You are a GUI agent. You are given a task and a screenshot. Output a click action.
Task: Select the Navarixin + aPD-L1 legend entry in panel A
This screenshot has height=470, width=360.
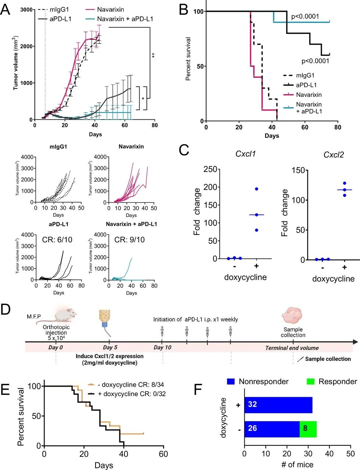pyautogui.click(x=125, y=19)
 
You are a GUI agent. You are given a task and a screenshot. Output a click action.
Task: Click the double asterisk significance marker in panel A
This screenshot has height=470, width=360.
pyautogui.click(x=153, y=55)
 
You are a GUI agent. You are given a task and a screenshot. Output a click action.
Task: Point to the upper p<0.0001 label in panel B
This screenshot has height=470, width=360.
pyautogui.click(x=305, y=17)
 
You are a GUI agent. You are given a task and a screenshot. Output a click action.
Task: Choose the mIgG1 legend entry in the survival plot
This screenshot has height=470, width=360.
pyautogui.click(x=305, y=75)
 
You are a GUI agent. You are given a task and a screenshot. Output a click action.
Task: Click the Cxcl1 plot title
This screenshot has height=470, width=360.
pyautogui.click(x=245, y=153)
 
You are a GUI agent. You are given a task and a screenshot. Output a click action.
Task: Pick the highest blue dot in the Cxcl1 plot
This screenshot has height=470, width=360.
pyautogui.click(x=256, y=189)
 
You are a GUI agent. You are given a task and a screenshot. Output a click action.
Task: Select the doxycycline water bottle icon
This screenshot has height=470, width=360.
pyautogui.click(x=104, y=320)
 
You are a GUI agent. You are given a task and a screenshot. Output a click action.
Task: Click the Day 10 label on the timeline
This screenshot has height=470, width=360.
pyautogui.click(x=162, y=348)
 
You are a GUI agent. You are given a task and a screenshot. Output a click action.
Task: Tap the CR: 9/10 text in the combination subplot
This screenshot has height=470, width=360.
pyautogui.click(x=129, y=240)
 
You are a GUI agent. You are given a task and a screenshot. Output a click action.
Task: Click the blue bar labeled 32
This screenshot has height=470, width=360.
pyautogui.click(x=278, y=405)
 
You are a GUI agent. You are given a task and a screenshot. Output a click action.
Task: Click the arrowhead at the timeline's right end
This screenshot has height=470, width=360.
pyautogui.click(x=355, y=342)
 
